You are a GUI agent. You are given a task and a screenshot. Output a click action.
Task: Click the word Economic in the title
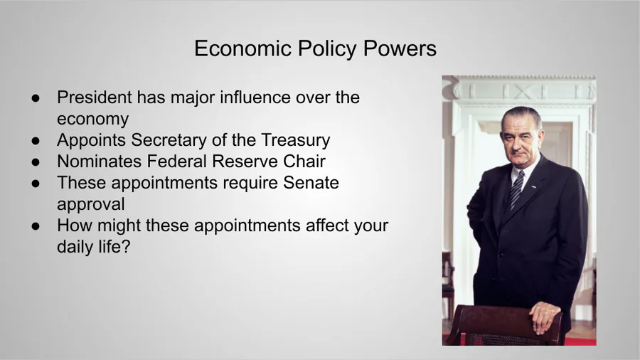tap(243, 48)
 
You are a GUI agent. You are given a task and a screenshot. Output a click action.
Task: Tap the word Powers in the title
tap(400, 48)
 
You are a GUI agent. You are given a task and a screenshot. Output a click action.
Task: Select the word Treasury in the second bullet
tap(296, 140)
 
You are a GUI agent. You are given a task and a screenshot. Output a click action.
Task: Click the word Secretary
tap(169, 140)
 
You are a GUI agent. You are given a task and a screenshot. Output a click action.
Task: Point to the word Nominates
tap(99, 162)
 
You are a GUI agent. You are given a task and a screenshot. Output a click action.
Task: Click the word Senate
tap(311, 182)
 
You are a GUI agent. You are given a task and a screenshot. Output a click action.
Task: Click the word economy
tap(92, 120)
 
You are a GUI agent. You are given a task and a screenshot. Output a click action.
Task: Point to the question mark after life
tap(126, 246)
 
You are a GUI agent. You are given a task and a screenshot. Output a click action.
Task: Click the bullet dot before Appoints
tap(36, 140)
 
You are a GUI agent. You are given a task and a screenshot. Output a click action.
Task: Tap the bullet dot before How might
tap(36, 226)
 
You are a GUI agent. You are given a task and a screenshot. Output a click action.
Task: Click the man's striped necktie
tap(516, 189)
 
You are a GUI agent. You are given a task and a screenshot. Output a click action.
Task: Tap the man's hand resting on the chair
tap(544, 317)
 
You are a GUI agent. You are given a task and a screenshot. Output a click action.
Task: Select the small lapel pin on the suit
tap(534, 187)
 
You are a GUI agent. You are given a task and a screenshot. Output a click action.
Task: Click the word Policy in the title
tap(327, 48)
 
